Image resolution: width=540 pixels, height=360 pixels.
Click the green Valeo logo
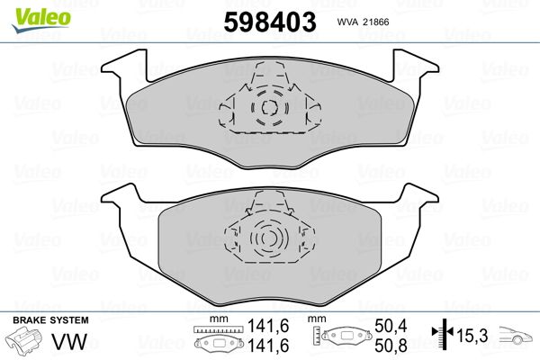[41, 20]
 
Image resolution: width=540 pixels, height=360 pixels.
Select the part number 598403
[270, 22]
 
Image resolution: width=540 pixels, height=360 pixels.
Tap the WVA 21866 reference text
[363, 22]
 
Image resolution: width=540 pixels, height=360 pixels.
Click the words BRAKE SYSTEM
[50, 320]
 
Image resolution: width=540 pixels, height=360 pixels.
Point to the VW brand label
[69, 342]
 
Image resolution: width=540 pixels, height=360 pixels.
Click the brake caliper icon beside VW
[23, 341]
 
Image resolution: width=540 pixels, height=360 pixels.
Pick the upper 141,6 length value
[268, 326]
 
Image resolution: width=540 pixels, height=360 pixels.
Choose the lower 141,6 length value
[268, 346]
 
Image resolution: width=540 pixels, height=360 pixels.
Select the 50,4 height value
[391, 326]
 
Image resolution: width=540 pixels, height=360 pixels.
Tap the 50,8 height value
[391, 346]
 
